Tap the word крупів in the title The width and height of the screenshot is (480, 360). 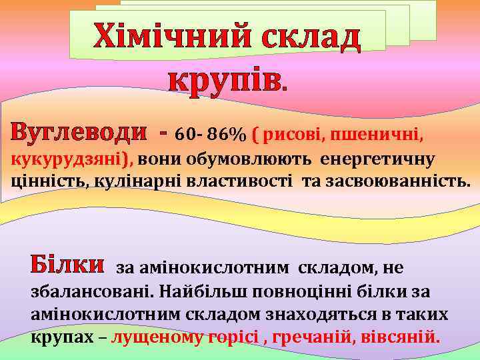(x=224, y=81)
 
